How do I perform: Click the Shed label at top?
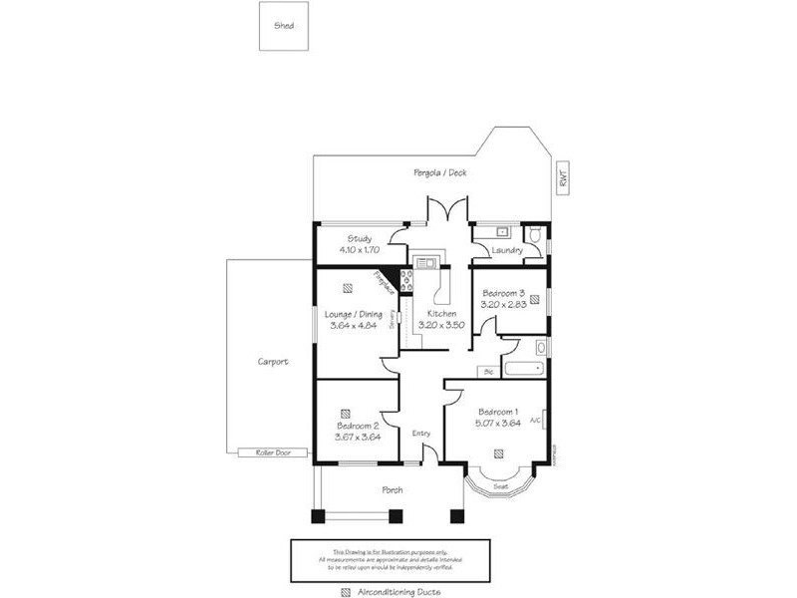284,27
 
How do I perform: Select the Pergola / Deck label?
440,172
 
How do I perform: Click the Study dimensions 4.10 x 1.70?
360,250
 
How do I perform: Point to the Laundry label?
507,250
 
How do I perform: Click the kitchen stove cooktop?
406,279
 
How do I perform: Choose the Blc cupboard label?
488,371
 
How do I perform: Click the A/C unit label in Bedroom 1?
535,421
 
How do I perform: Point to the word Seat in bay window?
501,485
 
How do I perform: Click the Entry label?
421,433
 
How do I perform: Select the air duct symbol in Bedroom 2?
344,412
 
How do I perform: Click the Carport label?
272,362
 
